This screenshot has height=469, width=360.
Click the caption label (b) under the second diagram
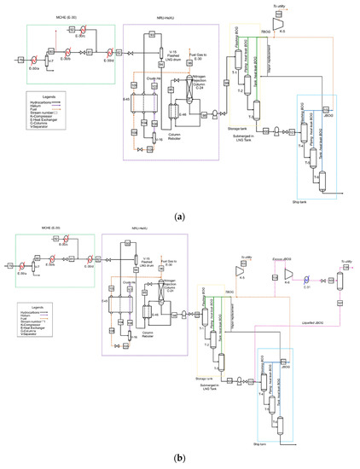click(179, 458)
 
